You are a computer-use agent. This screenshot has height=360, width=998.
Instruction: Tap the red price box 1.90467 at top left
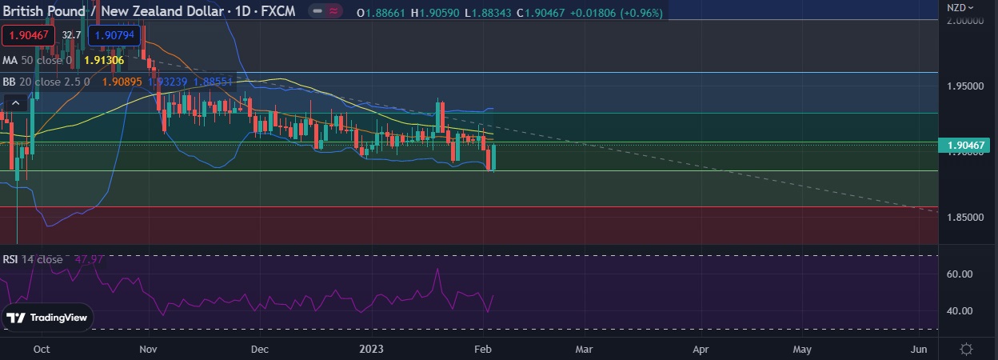28,35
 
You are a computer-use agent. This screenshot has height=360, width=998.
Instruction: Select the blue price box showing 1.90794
116,35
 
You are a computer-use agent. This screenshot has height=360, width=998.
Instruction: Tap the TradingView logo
47,318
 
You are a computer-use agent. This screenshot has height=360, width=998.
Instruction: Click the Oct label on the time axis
42,350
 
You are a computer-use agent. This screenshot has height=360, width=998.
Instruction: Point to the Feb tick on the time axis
481,350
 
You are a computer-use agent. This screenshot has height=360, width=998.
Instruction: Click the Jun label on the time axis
919,350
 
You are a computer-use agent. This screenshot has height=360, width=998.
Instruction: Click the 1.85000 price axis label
966,218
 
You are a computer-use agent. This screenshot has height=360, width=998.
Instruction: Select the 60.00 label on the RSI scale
960,274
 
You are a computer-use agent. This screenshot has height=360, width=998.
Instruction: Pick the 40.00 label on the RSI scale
960,310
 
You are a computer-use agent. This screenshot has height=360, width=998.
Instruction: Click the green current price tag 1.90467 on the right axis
968,146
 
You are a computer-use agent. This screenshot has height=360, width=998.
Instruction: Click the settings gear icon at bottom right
966,350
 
